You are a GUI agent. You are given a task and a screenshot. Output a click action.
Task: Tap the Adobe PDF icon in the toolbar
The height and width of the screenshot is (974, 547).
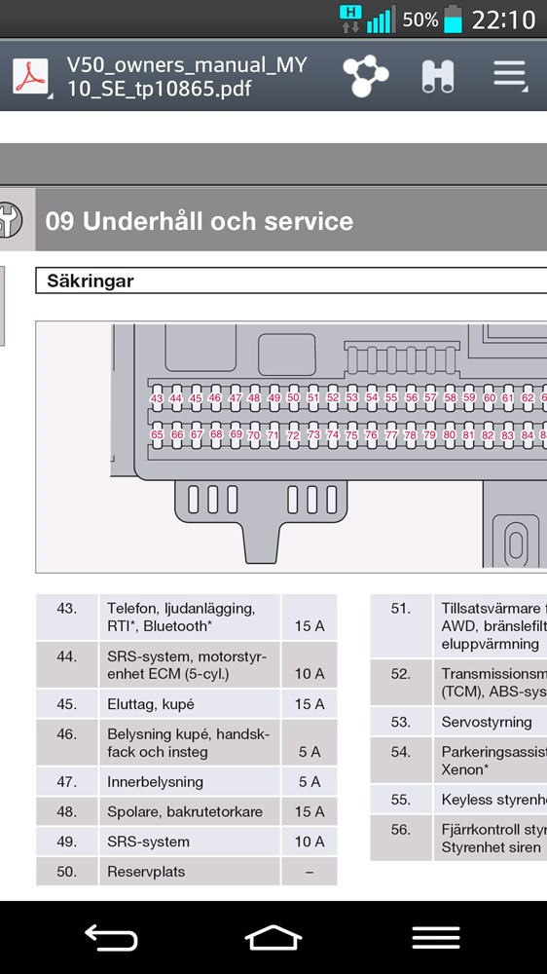coord(30,76)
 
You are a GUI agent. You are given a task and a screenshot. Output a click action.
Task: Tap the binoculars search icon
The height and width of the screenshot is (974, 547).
coord(437,77)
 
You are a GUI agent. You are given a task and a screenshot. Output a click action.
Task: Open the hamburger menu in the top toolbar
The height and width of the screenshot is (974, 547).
coord(510,75)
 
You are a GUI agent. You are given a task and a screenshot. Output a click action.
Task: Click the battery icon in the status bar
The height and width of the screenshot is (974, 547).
coord(454,19)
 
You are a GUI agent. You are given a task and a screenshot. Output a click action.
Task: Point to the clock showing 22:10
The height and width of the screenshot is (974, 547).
coord(503,19)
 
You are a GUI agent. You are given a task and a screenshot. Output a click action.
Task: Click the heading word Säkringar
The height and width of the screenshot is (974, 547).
coord(91,281)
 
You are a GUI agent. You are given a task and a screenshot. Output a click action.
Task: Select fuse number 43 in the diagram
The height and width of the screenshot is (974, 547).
coord(157,398)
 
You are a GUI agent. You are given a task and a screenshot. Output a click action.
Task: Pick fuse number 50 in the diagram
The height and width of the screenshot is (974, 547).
coord(293,397)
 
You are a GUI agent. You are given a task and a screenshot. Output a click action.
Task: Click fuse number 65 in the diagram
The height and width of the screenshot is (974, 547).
coord(157,434)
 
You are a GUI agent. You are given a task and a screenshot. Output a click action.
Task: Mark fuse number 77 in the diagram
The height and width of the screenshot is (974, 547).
coord(390,435)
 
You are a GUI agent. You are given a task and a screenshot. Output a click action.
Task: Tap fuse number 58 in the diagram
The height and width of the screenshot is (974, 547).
coord(450,397)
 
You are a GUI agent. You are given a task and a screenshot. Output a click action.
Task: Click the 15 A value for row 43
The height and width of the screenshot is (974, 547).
coord(310,626)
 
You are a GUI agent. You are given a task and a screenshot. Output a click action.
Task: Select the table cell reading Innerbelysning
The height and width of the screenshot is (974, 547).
coord(155,782)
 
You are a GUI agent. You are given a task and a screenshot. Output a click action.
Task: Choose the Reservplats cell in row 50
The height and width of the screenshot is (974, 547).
coord(146,872)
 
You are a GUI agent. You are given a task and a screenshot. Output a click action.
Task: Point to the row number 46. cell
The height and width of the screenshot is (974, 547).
coord(66,734)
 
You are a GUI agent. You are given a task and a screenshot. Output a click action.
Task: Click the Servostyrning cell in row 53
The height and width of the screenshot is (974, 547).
coord(487,723)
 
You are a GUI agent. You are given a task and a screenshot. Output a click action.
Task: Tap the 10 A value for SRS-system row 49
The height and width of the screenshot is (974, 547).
coord(310,842)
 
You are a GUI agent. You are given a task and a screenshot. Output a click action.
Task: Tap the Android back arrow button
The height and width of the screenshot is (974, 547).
coord(111,937)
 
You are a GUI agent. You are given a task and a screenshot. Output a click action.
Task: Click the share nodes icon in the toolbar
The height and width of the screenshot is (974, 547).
coord(366,76)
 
